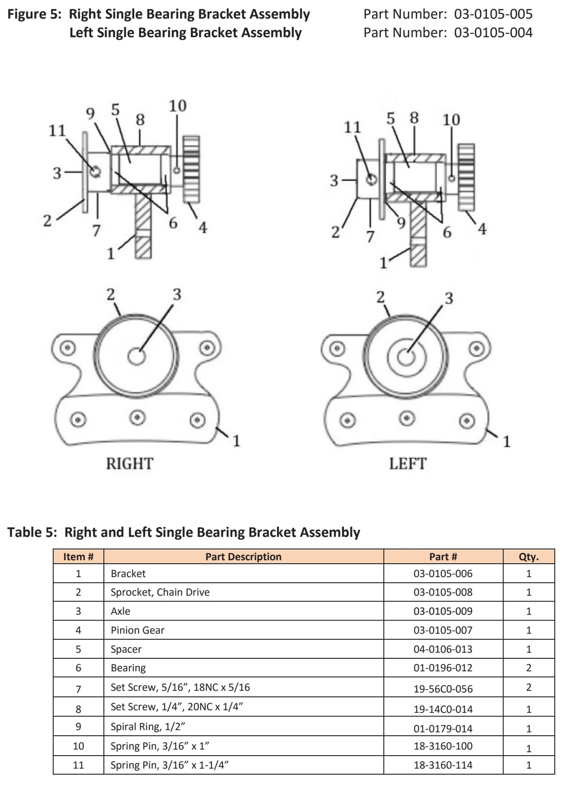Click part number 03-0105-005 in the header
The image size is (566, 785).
point(493,14)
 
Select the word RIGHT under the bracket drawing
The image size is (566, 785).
point(129,464)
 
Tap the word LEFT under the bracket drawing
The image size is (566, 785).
point(407,464)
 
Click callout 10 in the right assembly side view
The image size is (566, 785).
point(177,106)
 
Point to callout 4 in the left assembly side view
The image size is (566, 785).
point(482,229)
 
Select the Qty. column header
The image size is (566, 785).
point(528,557)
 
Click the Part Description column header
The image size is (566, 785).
point(243,557)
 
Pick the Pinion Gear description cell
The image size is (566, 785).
point(138,630)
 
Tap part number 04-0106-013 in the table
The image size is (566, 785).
point(442,649)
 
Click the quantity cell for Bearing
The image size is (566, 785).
point(528,668)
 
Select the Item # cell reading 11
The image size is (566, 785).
point(78,765)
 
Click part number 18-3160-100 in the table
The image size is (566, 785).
point(442,746)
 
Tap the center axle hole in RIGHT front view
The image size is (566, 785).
point(136,357)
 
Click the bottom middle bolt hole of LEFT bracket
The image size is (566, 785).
point(407,418)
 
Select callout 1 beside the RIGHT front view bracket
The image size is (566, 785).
point(236,440)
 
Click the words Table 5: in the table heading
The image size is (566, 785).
point(32,532)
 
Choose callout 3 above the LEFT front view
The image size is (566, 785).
point(449,298)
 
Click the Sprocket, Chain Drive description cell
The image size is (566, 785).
point(160,592)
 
